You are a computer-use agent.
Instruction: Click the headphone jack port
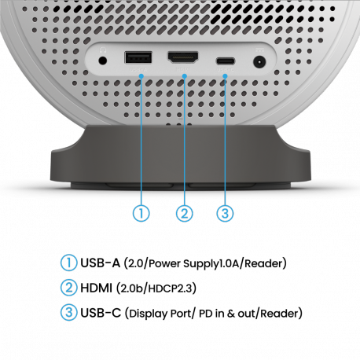click(102, 61)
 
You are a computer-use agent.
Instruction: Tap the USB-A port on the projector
click(138, 57)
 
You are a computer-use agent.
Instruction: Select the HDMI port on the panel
click(183, 57)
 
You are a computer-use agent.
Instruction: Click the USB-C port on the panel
click(226, 61)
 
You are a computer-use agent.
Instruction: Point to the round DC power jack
click(259, 63)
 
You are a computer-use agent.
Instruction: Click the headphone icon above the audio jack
click(103, 50)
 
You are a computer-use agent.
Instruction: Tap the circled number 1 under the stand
click(141, 213)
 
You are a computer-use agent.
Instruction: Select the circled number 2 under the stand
click(185, 213)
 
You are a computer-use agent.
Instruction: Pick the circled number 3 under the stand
click(225, 213)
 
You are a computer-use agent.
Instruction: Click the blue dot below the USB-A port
click(141, 76)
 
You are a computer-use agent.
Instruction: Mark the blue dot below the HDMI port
click(185, 76)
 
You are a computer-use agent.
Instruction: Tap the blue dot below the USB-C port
click(225, 76)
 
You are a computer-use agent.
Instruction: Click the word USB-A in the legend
click(100, 263)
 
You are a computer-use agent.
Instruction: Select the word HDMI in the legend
click(96, 288)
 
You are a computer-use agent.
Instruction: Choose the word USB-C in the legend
click(101, 313)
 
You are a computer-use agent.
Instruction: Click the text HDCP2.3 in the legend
click(171, 288)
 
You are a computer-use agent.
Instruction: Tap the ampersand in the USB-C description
click(231, 314)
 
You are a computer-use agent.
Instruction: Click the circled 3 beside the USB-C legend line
click(69, 312)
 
